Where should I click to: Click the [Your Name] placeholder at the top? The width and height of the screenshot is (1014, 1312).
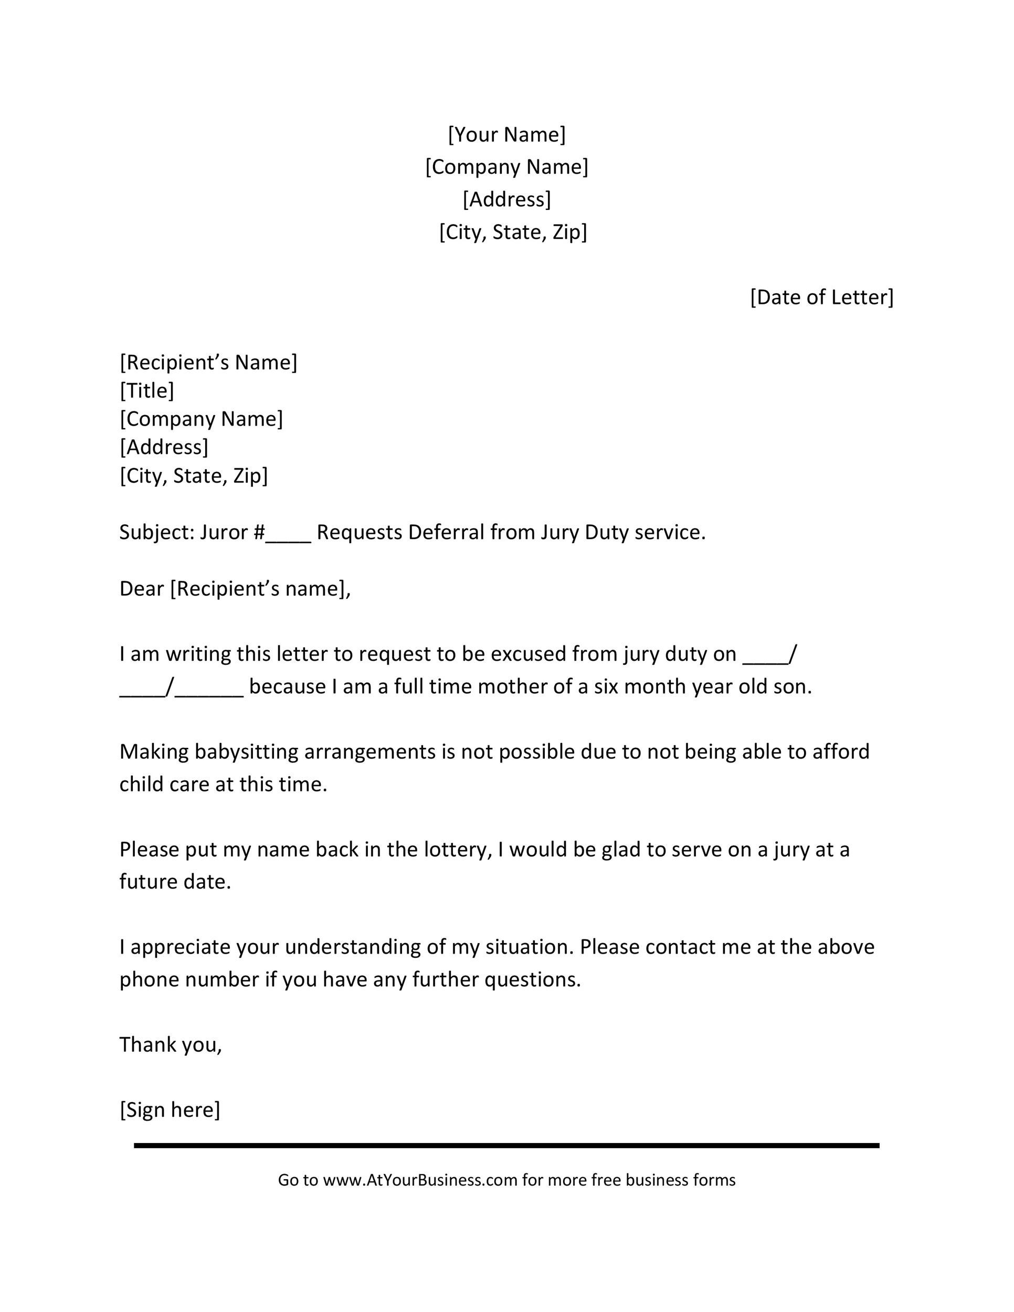[506, 134]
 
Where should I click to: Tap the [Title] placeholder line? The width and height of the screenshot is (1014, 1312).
[146, 390]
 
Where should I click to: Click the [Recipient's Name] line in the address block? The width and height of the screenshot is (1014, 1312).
[208, 362]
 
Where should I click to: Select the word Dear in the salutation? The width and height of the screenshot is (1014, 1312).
[141, 589]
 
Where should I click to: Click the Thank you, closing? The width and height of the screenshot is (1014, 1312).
[171, 1045]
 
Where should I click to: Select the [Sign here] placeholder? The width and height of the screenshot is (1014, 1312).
[170, 1109]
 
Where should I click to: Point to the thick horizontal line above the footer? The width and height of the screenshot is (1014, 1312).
[506, 1146]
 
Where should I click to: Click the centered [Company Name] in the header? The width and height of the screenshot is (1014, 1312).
[506, 167]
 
